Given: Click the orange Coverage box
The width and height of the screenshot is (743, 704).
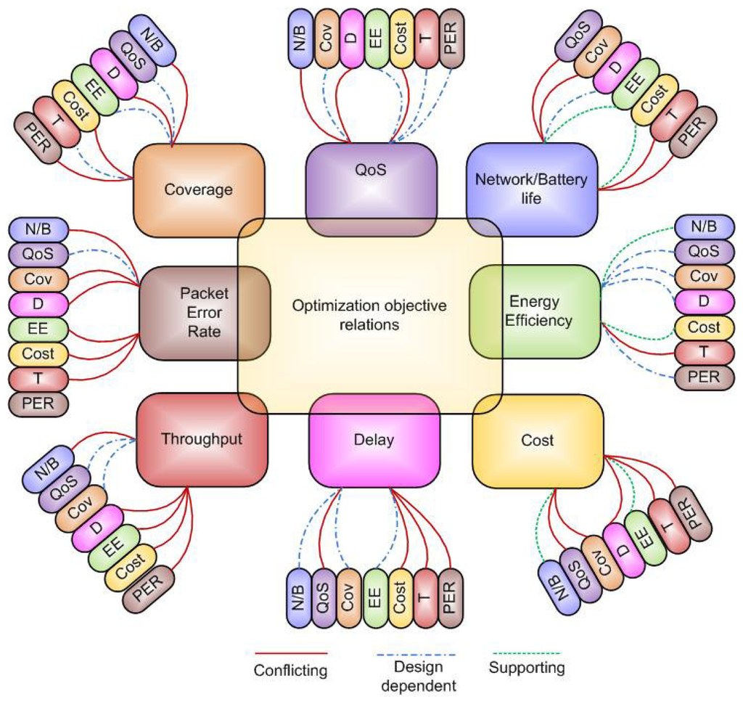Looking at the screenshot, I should pyautogui.click(x=198, y=189).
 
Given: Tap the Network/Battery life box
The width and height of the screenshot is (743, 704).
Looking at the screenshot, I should pyautogui.click(x=531, y=188).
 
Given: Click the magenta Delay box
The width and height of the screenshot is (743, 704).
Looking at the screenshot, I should pyautogui.click(x=374, y=440).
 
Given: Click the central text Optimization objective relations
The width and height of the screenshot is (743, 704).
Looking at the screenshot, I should pyautogui.click(x=369, y=315).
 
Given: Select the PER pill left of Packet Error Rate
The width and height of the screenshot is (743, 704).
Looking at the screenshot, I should pyautogui.click(x=38, y=403).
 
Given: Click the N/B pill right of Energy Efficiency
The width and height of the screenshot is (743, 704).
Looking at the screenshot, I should pyautogui.click(x=704, y=227).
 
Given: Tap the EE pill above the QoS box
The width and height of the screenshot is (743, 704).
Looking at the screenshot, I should pyautogui.click(x=377, y=39).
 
